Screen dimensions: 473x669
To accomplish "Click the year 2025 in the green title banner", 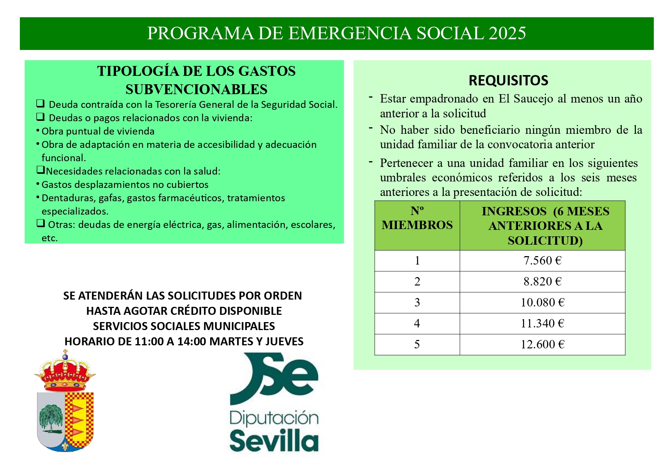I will point(507,34).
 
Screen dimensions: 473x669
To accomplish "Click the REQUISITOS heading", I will point(508,81).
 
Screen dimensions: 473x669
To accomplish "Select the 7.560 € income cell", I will point(542,261).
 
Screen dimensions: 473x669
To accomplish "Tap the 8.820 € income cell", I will point(542,282).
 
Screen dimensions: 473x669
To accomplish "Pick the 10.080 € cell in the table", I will point(542,303).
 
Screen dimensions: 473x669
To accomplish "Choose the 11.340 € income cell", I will point(542,324).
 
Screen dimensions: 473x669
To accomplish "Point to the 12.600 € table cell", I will point(542,345).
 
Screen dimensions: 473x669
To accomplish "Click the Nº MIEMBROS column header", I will point(417,218).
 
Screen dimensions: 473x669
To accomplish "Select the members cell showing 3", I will point(417,303).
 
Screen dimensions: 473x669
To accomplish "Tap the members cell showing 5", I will point(417,345).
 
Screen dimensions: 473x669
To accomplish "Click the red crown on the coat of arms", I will point(65,374).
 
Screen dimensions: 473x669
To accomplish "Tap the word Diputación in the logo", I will point(274,418).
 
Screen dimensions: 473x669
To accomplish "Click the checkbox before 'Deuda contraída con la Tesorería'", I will point(40,103).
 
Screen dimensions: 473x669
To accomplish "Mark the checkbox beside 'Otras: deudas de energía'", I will point(40,223).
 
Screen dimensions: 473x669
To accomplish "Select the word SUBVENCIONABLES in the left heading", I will point(196,90).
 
